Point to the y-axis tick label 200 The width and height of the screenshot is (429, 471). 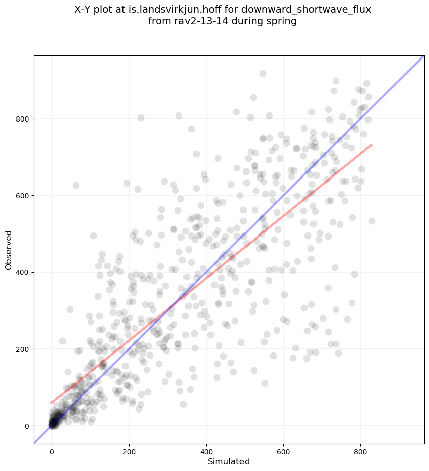22,349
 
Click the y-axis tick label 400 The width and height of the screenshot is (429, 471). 22,272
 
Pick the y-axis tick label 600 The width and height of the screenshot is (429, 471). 22,196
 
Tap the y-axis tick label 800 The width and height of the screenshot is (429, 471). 22,119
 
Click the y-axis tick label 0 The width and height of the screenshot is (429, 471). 26,426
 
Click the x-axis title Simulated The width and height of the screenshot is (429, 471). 229,461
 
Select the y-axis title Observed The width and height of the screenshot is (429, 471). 9,250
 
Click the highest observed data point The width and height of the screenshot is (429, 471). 263,73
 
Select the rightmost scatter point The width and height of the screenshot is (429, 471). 372,221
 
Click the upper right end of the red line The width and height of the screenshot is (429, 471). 372,145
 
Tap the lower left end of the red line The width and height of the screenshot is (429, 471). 51,403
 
